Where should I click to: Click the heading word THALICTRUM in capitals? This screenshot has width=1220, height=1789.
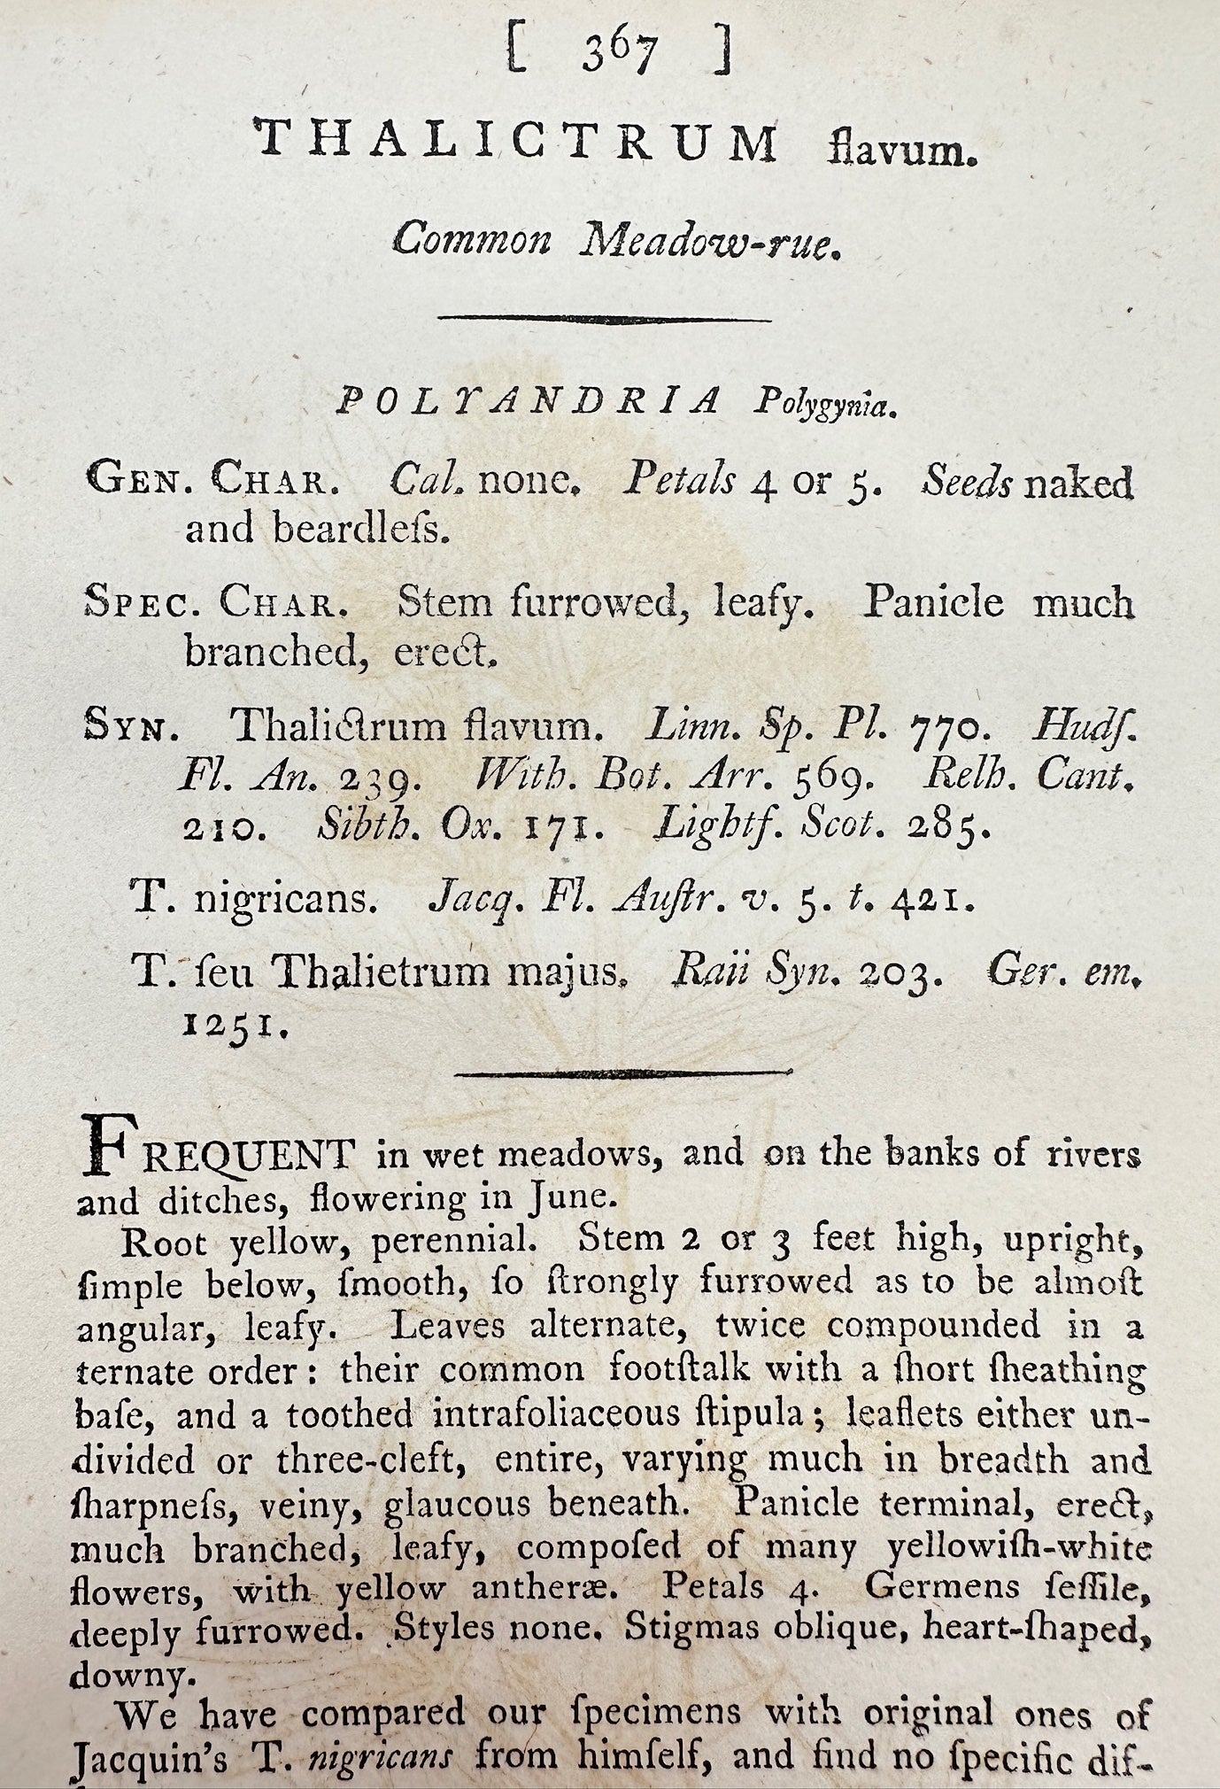point(516,143)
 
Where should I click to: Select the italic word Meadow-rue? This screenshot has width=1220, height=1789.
point(707,241)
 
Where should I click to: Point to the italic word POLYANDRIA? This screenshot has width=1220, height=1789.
point(529,402)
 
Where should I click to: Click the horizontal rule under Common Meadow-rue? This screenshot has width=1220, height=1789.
point(605,318)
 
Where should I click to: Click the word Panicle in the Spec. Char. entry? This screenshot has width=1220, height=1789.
point(934,603)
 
